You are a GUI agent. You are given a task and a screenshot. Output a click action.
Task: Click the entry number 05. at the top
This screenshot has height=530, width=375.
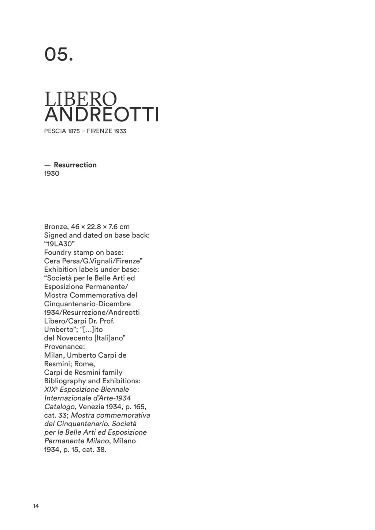tap(59, 54)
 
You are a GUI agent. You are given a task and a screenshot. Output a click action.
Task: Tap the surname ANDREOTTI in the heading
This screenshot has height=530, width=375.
tap(101, 114)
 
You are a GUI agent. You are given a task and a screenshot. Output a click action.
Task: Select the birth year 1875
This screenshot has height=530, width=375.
tap(74, 131)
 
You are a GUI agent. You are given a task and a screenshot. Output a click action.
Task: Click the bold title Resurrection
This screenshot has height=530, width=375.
tap(75, 165)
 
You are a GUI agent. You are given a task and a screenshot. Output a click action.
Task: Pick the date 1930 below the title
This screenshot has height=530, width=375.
tap(52, 173)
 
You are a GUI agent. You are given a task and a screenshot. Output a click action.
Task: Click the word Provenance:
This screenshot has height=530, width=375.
tap(64, 347)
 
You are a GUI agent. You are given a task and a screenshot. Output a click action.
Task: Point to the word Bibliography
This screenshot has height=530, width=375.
tap(65, 381)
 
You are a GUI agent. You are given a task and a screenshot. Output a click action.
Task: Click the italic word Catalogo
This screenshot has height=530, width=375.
tap(60, 407)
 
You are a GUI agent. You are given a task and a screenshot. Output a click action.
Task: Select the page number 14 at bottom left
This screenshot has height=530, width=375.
tap(36, 506)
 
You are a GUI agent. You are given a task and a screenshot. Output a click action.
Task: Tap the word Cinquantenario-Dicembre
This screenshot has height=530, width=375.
tap(87, 304)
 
